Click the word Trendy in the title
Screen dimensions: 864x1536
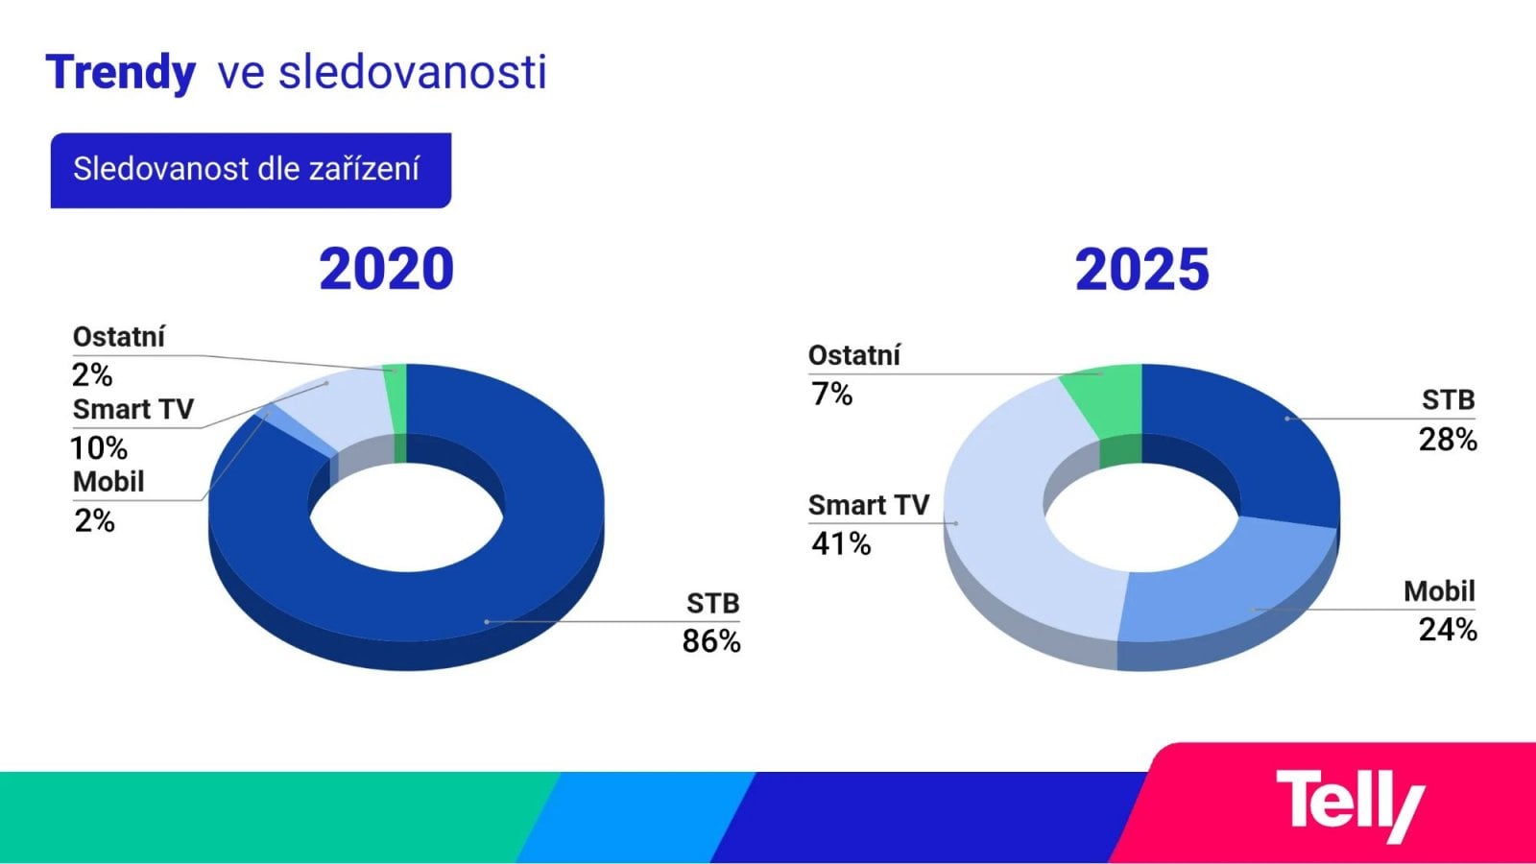121,73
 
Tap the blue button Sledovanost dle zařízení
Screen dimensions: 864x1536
251,170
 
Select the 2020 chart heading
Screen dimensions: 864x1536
386,269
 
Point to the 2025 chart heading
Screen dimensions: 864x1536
1141,269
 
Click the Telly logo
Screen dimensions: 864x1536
1349,804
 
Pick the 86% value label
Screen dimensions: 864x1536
711,641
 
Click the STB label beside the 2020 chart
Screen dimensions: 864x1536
712,603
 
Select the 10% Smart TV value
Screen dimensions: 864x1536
99,448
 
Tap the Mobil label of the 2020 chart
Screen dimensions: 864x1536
108,481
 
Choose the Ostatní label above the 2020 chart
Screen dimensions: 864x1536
119,337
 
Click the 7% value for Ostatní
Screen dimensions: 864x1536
831,394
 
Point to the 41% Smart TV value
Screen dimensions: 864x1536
841,544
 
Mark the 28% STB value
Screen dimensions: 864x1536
1448,440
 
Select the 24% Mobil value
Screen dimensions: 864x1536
1448,630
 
